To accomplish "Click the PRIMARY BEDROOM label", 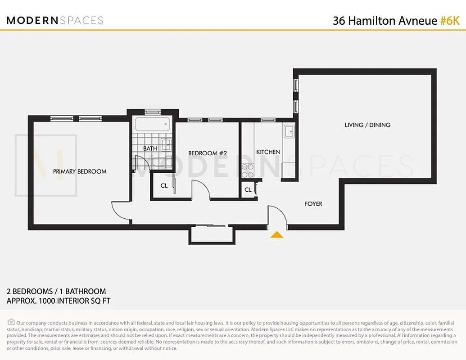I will (80, 171).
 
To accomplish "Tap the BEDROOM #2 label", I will (207, 153).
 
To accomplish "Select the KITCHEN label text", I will (268, 152).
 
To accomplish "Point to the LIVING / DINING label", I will (367, 125).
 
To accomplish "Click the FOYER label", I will (313, 204).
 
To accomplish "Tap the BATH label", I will (150, 148).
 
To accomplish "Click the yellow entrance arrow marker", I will (276, 234).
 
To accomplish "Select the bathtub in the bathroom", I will (152, 123).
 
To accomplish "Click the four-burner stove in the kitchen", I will (248, 171).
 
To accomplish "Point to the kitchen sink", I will (289, 131).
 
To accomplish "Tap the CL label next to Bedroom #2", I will (164, 185).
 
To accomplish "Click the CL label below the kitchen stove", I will (248, 190).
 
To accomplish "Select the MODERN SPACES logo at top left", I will (55, 20).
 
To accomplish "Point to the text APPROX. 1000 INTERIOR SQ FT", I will (59, 301).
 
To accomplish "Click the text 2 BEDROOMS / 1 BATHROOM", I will (56, 292).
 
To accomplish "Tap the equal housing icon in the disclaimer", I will (11, 322).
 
